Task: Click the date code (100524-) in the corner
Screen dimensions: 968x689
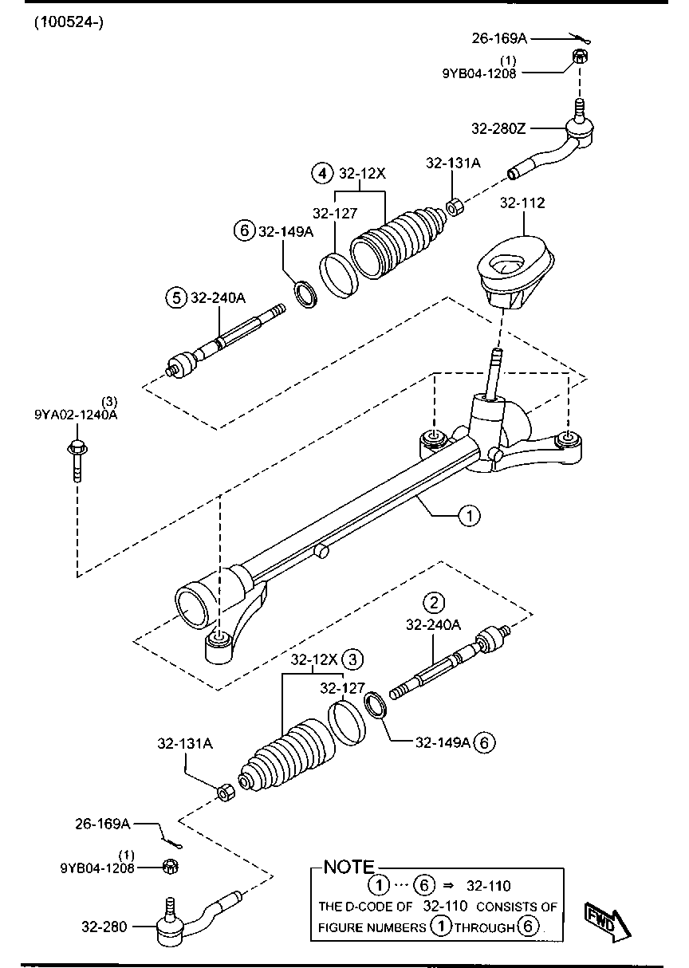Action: pyautogui.click(x=69, y=22)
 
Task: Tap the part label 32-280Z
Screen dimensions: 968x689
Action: pyautogui.click(x=499, y=128)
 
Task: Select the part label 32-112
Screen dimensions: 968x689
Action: pyautogui.click(x=522, y=203)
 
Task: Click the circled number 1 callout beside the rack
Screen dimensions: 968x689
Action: pyautogui.click(x=470, y=516)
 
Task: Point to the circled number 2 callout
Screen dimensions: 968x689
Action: pyautogui.click(x=433, y=602)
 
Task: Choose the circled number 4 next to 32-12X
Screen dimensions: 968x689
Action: pyautogui.click(x=322, y=172)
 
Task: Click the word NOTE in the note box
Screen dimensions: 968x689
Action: pyautogui.click(x=348, y=867)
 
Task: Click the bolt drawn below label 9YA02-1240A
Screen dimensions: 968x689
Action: pyautogui.click(x=76, y=458)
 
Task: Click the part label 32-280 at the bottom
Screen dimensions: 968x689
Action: pyautogui.click(x=104, y=927)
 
